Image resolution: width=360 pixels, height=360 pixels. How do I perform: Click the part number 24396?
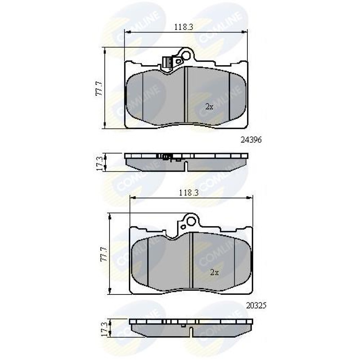[x=251, y=140]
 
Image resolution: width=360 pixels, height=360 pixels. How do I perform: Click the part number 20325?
[x=256, y=305]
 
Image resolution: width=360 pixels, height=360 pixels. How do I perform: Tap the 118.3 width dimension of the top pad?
[x=184, y=27]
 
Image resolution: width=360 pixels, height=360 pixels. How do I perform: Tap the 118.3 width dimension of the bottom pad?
[x=189, y=193]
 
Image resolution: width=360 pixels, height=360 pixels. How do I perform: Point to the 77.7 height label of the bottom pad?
[x=104, y=254]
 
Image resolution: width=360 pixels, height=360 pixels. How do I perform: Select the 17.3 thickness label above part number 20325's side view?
[x=99, y=163]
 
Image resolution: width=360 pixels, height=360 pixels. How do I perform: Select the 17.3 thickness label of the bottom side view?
[x=104, y=329]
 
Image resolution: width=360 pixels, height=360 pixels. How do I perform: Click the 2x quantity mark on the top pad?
[x=209, y=107]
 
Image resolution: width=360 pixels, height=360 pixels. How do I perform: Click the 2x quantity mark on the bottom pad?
[x=214, y=272]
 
